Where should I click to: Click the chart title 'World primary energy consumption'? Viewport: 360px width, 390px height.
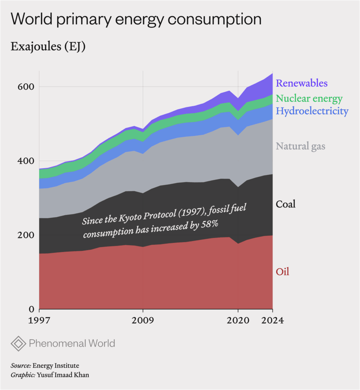coord(136,19)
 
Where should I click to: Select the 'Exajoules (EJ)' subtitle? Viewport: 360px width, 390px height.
coord(48,46)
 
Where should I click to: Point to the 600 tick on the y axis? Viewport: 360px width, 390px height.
coord(26,86)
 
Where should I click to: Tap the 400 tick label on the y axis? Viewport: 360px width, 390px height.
coord(26,161)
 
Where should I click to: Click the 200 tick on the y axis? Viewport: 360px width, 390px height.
coord(26,235)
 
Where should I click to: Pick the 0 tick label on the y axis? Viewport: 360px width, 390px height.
coord(32,309)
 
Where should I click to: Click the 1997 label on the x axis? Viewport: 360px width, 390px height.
coord(39,320)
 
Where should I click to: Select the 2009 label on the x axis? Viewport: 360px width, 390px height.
coord(143,320)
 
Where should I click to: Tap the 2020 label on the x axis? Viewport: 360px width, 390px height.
coord(238,320)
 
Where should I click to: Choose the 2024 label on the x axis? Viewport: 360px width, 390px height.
coord(272,320)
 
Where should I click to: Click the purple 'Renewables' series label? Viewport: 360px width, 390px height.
coord(302,83)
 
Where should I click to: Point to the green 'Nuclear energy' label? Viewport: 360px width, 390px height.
coord(309,99)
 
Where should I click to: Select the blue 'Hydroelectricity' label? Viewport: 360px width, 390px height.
coord(312,111)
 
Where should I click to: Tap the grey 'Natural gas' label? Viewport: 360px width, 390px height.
coord(300,146)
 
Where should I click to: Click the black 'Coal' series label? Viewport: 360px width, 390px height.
coord(285,204)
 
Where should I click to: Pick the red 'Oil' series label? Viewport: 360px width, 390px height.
coord(282,272)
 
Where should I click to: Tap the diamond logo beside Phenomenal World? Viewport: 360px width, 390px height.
coord(18,344)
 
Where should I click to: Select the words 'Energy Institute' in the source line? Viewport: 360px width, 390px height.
coord(56,366)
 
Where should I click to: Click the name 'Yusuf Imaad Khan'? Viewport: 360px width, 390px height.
coord(63,375)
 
